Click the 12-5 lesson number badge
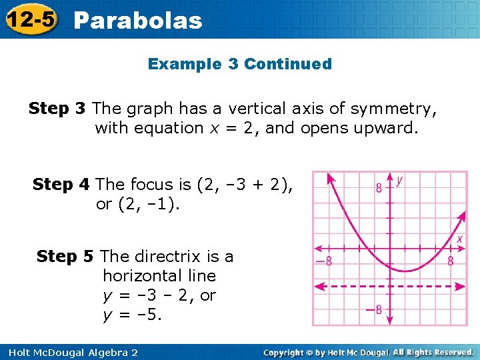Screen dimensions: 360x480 click(x=29, y=19)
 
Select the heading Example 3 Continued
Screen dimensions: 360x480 click(x=239, y=64)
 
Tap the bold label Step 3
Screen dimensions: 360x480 click(x=58, y=107)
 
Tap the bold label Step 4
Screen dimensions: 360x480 click(x=62, y=184)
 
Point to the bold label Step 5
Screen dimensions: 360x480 click(x=66, y=256)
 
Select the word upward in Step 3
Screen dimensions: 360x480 click(x=389, y=127)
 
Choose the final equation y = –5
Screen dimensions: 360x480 click(x=132, y=314)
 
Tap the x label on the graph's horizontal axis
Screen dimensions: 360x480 click(x=459, y=239)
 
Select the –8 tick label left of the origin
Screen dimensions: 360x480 click(x=324, y=261)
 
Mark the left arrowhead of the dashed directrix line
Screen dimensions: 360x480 click(x=318, y=287)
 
